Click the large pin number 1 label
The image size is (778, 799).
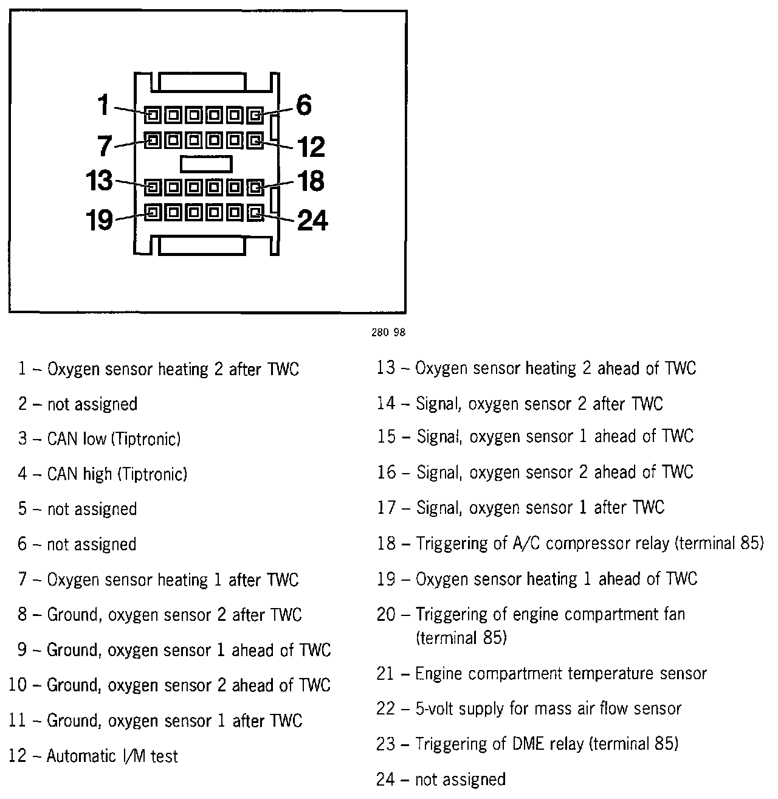(x=103, y=106)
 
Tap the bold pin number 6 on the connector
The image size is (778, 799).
(x=303, y=105)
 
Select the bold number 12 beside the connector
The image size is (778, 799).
(x=311, y=147)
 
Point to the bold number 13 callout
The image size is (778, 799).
(x=99, y=181)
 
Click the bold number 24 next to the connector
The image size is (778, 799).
(x=312, y=220)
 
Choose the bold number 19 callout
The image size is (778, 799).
(x=99, y=220)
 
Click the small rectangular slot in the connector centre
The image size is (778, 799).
(x=206, y=164)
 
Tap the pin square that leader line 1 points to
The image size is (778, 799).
(x=153, y=114)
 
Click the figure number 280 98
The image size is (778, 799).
(x=387, y=333)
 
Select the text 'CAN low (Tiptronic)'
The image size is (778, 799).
(x=114, y=439)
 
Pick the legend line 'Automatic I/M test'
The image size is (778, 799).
(x=112, y=756)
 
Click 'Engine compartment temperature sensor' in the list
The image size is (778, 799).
(x=560, y=674)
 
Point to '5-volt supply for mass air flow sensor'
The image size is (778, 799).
(x=548, y=709)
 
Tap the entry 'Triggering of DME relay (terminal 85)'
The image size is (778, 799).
(x=546, y=744)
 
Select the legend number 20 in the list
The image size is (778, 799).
(x=386, y=615)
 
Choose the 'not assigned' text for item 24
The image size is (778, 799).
(x=460, y=780)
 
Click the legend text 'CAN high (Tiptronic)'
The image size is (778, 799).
(x=117, y=474)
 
